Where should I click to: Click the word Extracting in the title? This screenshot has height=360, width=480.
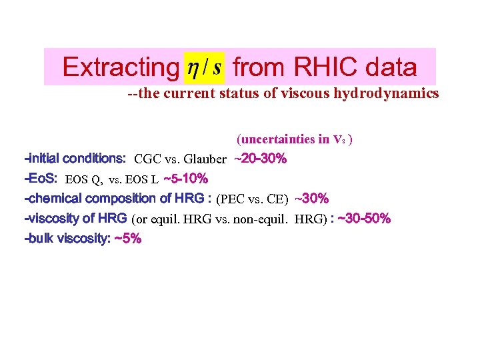[117, 67]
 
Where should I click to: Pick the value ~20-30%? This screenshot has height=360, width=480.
[261, 159]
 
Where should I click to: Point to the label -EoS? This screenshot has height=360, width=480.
[41, 179]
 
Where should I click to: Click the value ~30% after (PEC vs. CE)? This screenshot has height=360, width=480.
[311, 199]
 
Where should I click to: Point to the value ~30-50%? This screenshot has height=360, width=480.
[365, 219]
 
